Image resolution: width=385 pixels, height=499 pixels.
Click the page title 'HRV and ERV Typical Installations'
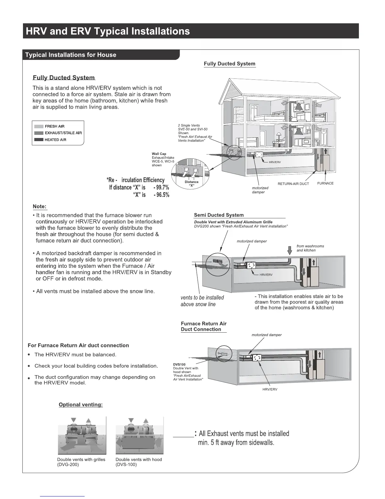click(108, 31)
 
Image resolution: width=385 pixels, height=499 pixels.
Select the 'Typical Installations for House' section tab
click(71, 55)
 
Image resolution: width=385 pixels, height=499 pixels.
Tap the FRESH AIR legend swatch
click(39, 126)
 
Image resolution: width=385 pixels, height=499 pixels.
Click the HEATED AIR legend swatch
click(39, 140)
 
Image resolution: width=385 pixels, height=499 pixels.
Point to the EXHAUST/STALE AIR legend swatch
click(39, 133)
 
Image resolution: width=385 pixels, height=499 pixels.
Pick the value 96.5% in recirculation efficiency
click(161, 195)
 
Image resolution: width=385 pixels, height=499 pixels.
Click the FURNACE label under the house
click(325, 183)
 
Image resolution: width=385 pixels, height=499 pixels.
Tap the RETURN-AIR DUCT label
click(293, 184)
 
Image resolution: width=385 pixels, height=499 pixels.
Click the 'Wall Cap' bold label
click(159, 154)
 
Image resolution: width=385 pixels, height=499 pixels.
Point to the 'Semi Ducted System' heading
click(219, 215)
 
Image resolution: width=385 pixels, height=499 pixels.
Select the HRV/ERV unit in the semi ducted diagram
click(251, 266)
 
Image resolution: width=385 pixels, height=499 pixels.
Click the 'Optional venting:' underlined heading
click(81, 404)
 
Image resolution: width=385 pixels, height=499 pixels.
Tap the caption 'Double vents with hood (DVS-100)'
click(139, 462)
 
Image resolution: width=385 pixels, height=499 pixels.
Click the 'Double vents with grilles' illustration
click(82, 435)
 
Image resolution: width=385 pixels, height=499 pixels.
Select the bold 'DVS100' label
click(179, 364)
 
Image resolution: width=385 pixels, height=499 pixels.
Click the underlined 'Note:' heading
click(40, 207)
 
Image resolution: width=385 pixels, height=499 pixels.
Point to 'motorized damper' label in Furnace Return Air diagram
click(266, 335)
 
